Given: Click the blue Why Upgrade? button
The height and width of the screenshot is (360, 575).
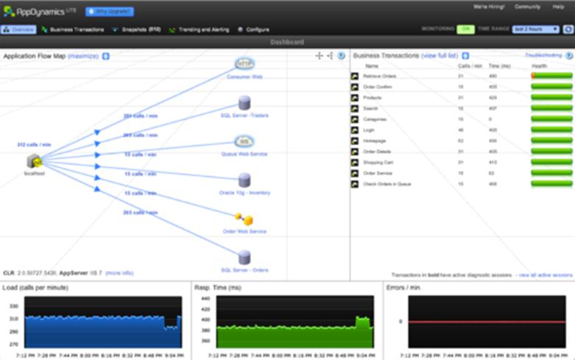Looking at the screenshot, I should (110, 12).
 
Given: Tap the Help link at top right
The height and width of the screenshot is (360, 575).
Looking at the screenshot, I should (558, 7).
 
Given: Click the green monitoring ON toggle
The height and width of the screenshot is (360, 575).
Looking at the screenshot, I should (465, 29).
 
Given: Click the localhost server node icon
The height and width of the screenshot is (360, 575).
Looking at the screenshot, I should (33, 161).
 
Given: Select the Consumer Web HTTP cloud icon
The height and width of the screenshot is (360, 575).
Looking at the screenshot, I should (244, 64).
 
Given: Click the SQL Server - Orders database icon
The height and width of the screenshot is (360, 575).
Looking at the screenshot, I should (244, 258).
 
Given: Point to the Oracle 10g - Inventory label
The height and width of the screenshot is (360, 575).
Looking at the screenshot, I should (244, 193).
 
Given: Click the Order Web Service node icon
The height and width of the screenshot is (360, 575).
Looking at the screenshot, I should (244, 219).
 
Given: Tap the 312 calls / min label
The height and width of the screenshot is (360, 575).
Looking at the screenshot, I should (34, 145).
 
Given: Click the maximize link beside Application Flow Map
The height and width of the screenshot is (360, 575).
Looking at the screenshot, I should (82, 56).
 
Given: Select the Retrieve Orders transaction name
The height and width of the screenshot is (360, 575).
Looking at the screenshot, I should (380, 76).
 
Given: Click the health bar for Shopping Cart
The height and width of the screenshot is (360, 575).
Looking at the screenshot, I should (551, 162).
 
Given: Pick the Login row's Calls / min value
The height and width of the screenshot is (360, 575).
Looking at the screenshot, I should (461, 130).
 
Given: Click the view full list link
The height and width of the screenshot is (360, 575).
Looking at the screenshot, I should (440, 56).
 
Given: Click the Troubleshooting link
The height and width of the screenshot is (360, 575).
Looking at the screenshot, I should (543, 55).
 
